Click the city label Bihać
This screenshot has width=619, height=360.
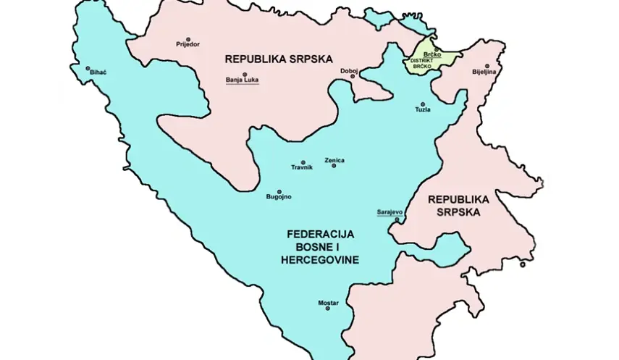point(97,73)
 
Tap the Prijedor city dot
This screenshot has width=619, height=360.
point(188,39)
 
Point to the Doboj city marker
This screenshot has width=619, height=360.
point(353,77)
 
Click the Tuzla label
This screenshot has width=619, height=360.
point(423,109)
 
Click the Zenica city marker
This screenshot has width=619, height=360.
point(334,166)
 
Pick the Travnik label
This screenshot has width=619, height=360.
point(302,168)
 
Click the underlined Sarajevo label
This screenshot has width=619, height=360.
point(389,212)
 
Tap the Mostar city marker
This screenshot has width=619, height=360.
point(327,309)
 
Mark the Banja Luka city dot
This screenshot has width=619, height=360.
point(245,74)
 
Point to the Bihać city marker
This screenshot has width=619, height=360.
point(88,67)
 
